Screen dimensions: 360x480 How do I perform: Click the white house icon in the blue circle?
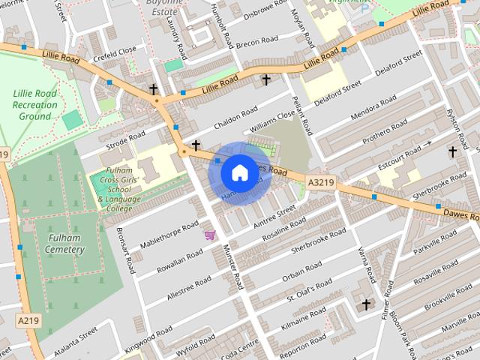tap(239, 172)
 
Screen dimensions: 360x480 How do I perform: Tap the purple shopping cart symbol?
tap(209, 235)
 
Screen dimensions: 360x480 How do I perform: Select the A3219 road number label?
tap(321, 181)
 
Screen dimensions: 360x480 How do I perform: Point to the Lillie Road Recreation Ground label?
tap(35, 105)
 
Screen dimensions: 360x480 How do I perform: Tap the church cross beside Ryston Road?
tap(452, 152)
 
